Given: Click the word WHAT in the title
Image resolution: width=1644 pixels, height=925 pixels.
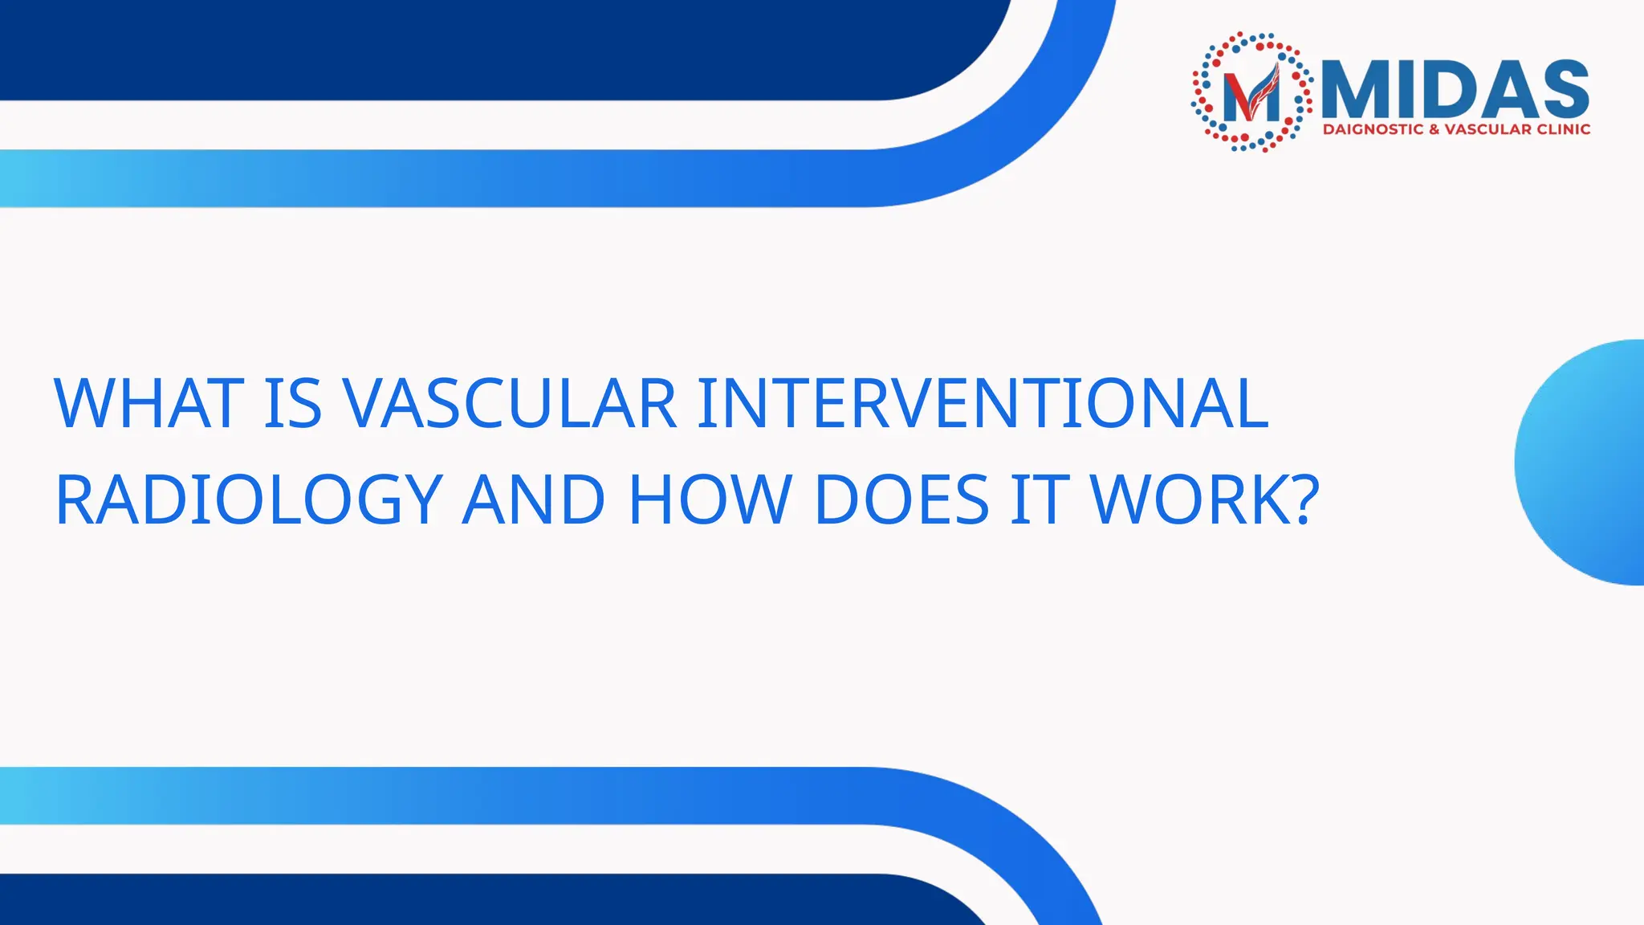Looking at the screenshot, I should pos(149,403).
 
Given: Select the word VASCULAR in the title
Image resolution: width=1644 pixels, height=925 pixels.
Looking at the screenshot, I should pos(510,403).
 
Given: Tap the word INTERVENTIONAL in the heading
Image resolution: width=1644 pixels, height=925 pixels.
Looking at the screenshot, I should pos(983,403).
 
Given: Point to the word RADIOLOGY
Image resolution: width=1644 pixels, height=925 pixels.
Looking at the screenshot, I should pos(249,501).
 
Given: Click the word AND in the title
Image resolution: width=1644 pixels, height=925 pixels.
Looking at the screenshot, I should pos(534,499).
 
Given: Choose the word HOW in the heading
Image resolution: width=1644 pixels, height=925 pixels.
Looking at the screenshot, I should pos(710,499).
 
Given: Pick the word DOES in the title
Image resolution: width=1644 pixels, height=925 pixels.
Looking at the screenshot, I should pos(901,499).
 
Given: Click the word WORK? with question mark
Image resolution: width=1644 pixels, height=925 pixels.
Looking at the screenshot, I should pos(1204,499).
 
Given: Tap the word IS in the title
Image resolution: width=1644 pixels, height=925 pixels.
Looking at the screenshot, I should pos(293,403).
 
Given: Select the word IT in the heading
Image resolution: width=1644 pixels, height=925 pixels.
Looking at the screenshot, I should pos(1040,499).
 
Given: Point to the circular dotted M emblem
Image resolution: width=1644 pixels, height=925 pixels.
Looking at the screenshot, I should pos(1252,92).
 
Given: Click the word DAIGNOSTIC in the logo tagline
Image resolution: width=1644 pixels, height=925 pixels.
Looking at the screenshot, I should pos(1373,129).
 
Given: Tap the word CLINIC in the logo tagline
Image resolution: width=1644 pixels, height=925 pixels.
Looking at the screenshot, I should pos(1563,129).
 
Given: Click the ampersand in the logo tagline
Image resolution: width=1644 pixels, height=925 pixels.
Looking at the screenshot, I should pos(1434,129).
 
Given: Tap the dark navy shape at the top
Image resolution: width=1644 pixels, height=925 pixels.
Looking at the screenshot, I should pos(482,48).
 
